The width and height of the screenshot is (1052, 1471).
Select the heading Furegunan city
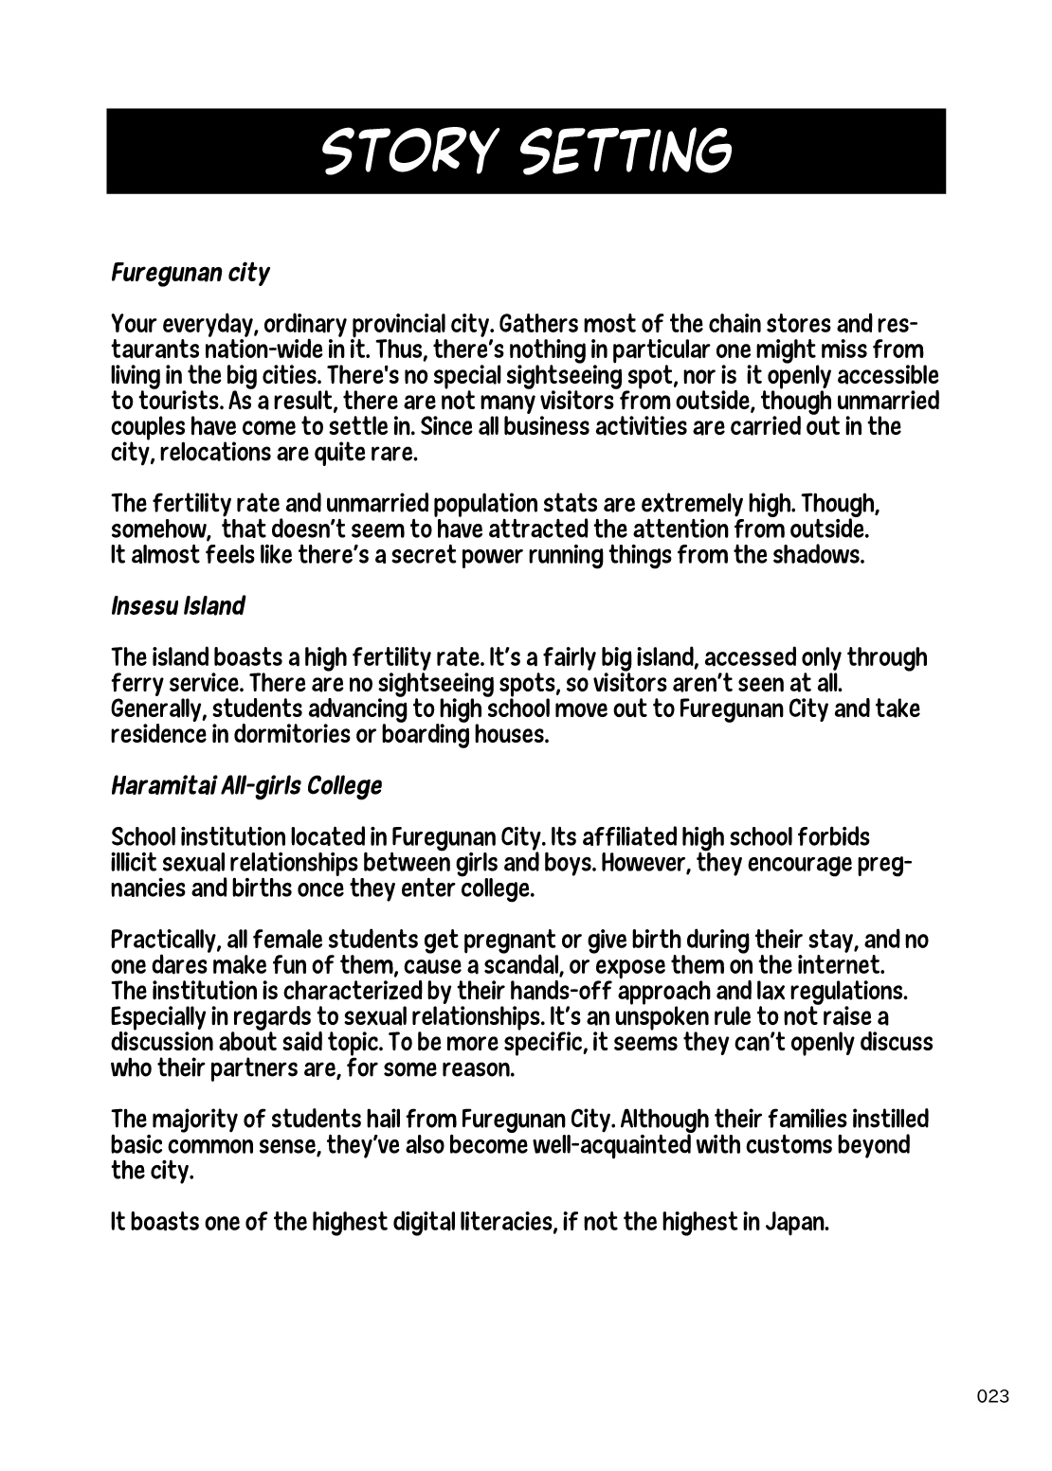[x=190, y=274]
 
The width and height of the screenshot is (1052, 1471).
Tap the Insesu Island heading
[x=178, y=606]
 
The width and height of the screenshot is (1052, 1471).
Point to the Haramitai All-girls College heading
[x=246, y=786]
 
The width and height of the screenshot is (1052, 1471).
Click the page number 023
[x=992, y=1396]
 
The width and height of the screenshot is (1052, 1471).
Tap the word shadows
[x=822, y=555]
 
